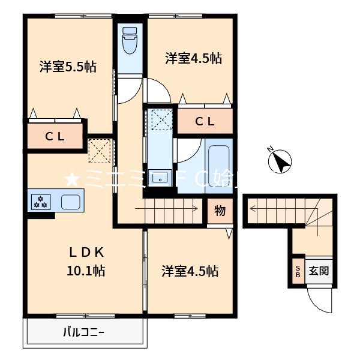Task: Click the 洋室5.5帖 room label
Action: [68, 66]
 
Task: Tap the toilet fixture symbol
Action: [130, 41]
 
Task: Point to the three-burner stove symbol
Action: [41, 202]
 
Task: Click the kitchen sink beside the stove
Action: [71, 202]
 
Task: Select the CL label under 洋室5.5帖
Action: [55, 136]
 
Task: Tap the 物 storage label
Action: [220, 211]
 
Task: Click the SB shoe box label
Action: [298, 271]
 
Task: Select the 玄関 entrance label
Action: [318, 271]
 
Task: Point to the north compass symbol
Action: [280, 161]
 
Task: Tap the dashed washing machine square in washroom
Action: [160, 119]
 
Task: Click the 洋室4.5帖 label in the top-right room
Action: [194, 58]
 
